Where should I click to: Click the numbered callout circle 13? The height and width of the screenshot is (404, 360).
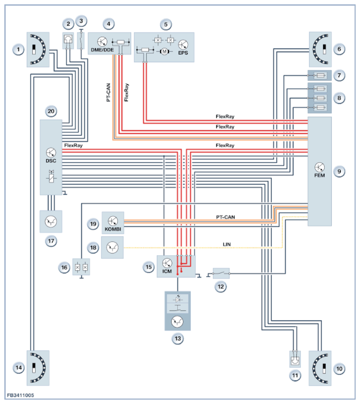(x=178, y=339)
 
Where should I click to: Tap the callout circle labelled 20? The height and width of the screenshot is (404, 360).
(x=51, y=112)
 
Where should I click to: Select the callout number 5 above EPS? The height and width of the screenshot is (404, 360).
(x=166, y=24)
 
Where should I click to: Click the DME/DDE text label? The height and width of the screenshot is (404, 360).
(x=102, y=50)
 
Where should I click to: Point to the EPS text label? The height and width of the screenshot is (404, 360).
(x=183, y=52)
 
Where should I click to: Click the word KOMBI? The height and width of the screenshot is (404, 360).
(x=113, y=229)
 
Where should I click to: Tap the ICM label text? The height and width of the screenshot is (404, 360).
(x=167, y=271)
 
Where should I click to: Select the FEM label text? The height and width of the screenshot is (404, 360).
(x=320, y=175)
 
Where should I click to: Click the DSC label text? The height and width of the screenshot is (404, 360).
(x=51, y=161)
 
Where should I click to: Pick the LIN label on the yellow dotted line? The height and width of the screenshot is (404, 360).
(x=227, y=244)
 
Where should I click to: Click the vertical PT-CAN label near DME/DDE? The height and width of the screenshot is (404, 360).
(x=108, y=92)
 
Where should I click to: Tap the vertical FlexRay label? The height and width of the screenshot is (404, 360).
(x=126, y=92)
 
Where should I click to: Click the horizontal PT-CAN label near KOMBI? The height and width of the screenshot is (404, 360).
(x=226, y=217)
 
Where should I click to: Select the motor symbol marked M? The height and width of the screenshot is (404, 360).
(x=164, y=52)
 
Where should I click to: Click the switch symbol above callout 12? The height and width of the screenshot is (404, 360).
(x=221, y=274)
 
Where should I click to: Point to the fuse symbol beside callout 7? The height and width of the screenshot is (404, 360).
(x=320, y=76)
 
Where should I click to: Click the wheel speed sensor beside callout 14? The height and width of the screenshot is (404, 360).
(x=38, y=368)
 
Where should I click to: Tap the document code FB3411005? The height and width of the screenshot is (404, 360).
(x=20, y=395)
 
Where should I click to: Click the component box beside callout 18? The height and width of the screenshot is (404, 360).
(x=113, y=248)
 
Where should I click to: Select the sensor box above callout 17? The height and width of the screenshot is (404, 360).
(x=51, y=222)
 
